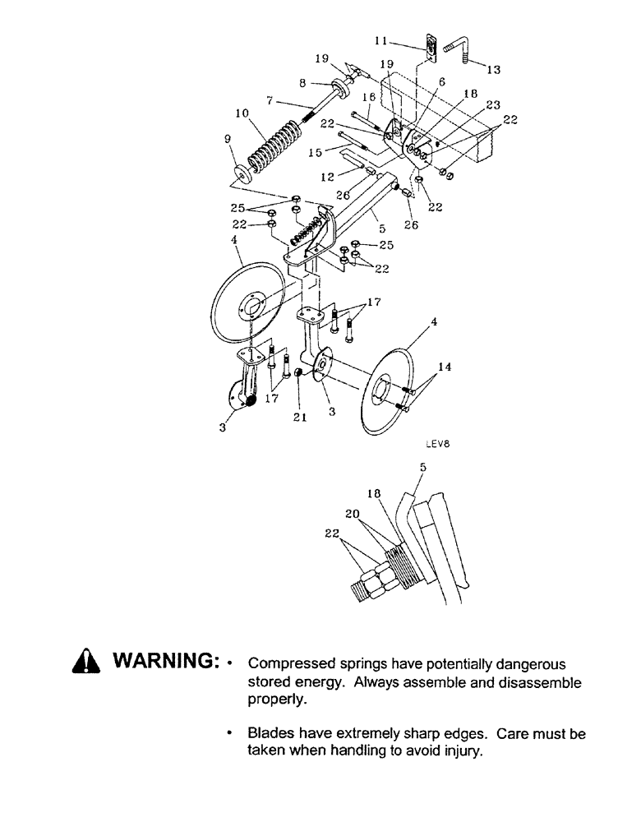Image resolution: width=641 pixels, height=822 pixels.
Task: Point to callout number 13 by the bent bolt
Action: tap(494, 70)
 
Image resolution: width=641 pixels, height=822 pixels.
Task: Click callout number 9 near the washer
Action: tap(228, 141)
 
